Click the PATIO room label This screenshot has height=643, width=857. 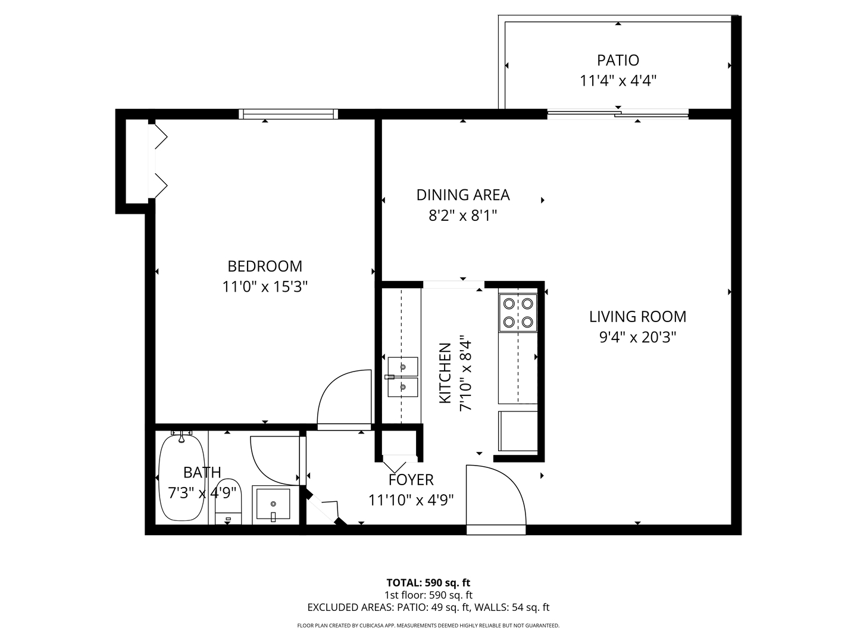[618, 60]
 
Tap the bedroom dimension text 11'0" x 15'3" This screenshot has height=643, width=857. [265, 287]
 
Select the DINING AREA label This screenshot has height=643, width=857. [462, 195]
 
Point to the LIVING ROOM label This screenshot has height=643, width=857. [637, 316]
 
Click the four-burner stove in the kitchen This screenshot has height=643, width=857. [518, 313]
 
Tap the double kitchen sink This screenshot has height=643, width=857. [402, 377]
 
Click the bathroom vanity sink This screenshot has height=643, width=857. [273, 505]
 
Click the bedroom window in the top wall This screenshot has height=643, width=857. [289, 114]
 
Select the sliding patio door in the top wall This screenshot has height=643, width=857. [618, 113]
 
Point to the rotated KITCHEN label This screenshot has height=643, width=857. [445, 373]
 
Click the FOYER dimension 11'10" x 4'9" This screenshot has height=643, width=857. [411, 500]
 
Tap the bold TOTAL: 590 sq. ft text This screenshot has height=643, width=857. [428, 582]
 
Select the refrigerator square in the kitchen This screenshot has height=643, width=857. [518, 430]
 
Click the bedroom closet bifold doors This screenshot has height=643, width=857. [159, 161]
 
